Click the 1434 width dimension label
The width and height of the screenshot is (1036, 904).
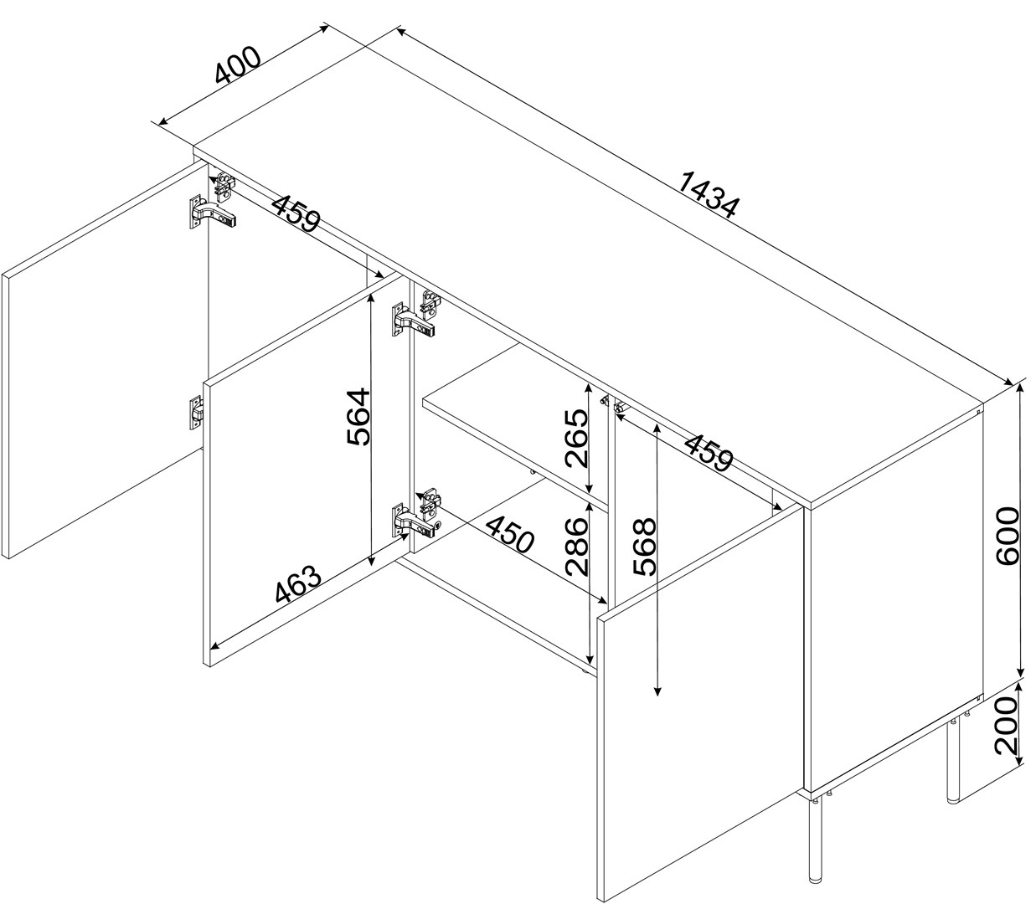(709, 195)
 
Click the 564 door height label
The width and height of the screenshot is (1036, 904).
(358, 417)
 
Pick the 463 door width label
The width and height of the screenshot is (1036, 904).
(298, 584)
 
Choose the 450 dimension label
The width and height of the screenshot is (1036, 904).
(510, 535)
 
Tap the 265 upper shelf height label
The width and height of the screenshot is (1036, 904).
(577, 438)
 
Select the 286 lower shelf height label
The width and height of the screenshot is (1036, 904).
(577, 547)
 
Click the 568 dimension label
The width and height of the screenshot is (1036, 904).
(645, 547)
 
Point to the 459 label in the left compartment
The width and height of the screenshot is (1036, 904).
(296, 213)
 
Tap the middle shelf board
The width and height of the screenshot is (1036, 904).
(517, 425)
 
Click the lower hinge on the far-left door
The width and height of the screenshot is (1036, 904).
(197, 413)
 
